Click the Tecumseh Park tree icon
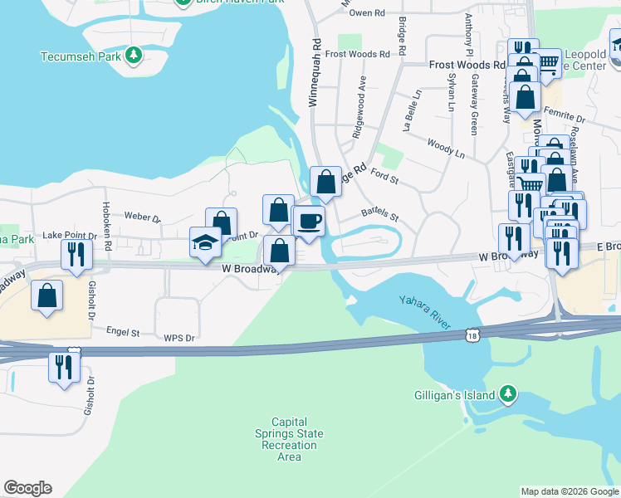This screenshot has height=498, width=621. tap(133, 56)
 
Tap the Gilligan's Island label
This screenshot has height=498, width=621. tap(455, 395)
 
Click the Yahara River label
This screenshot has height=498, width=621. tap(425, 311)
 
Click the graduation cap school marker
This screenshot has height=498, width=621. tap(205, 243)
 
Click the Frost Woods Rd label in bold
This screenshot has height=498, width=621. tap(467, 64)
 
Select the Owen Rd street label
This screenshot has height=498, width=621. tap(367, 13)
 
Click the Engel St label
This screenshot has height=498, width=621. tap(123, 332)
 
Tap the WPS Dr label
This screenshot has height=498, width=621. tap(178, 338)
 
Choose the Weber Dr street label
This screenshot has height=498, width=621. tap(142, 217)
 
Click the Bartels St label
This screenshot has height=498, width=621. tap(380, 214)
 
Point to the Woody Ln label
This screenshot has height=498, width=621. tap(446, 149)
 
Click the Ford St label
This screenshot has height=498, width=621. tap(385, 176)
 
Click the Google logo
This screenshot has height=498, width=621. tap(27, 488)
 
